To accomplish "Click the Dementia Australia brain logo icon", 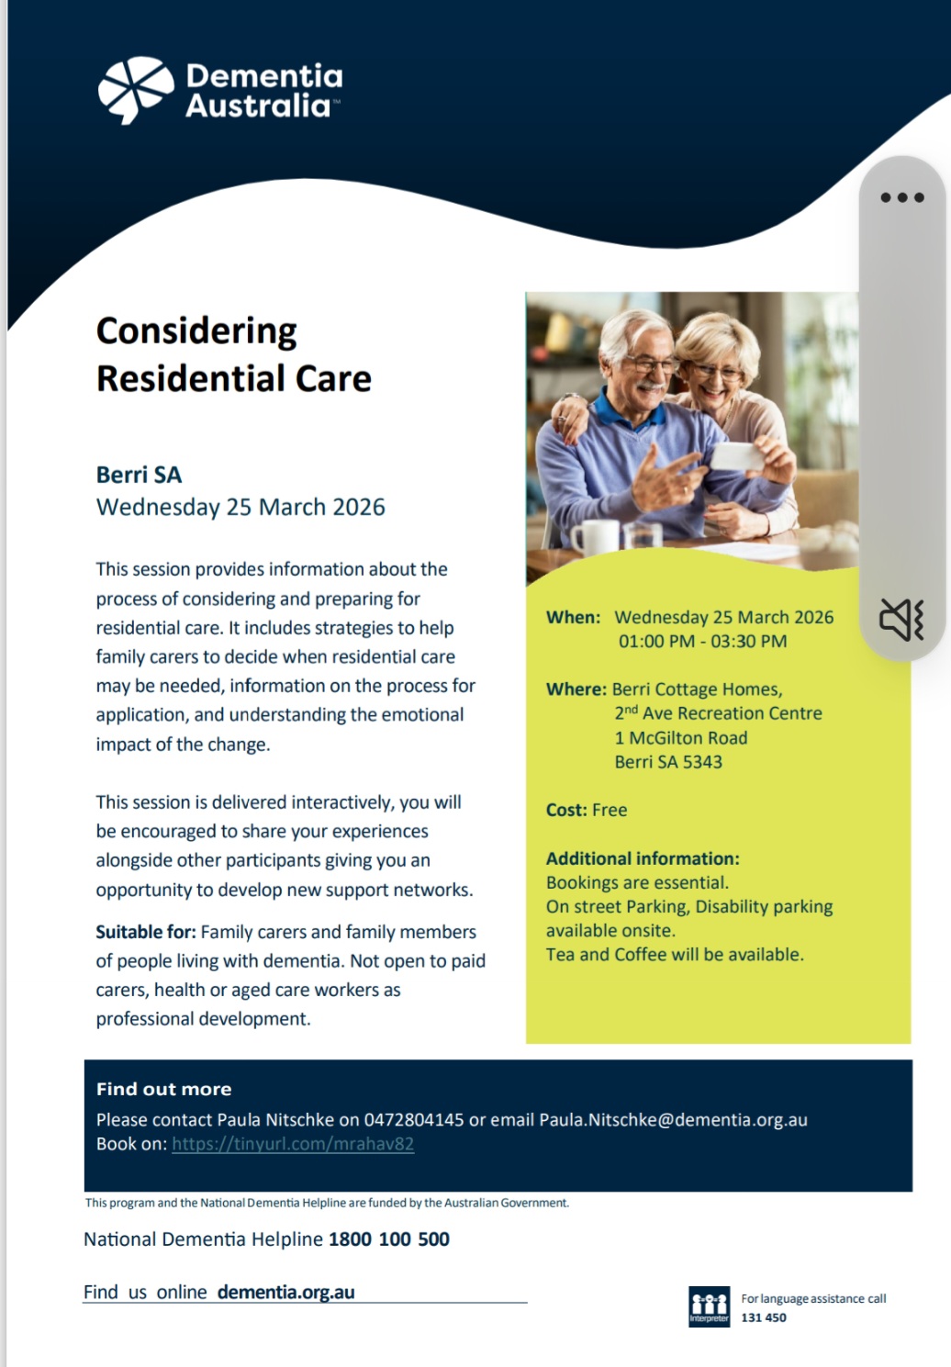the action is pos(136,90).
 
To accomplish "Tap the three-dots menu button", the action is pos(902,197).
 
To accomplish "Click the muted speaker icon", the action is pos(901,620).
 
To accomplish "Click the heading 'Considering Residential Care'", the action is pos(234,354).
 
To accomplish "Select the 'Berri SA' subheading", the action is pos(140,475).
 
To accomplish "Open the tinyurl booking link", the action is pos(293,1144).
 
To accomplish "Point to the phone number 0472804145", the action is pos(414,1120).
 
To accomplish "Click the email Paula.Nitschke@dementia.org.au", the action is pos(673,1120).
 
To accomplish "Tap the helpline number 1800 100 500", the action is pos(389,1238).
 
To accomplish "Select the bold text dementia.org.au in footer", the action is pos(286,1292).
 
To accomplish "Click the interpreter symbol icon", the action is pos(709,1306).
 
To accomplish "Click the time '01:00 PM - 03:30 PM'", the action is pos(703,642).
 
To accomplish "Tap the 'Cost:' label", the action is pos(566,810).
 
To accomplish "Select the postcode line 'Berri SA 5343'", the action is pos(668,762).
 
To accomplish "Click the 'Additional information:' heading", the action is pos(643,858).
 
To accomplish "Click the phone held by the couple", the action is pos(737,456).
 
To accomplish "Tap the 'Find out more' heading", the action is pos(164,1089).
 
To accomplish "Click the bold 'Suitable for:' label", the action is pos(146,932).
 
